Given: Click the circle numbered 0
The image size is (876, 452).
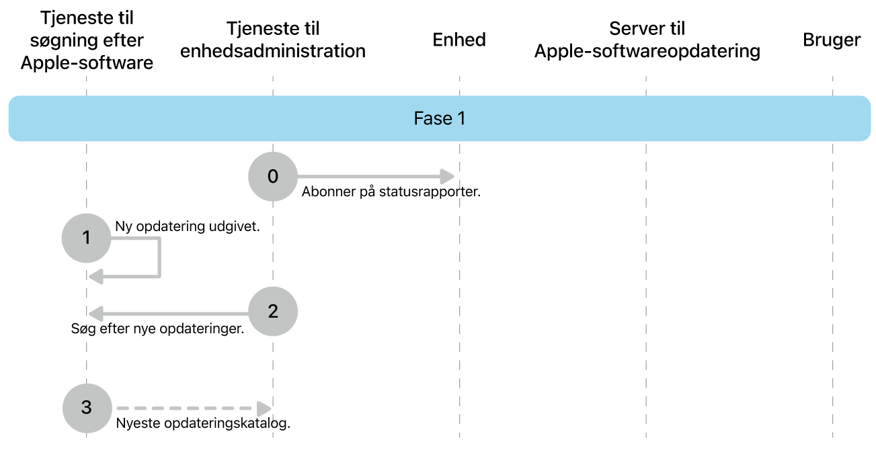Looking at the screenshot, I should click(x=272, y=177).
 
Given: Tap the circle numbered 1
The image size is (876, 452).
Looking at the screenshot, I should click(x=86, y=238).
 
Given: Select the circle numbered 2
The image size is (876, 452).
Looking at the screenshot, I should click(x=272, y=312).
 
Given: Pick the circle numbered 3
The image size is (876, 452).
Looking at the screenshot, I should click(x=86, y=408).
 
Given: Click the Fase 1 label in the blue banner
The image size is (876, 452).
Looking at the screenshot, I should click(x=439, y=119).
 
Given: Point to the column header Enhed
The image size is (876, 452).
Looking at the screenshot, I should click(x=459, y=40).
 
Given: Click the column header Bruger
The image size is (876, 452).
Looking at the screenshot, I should click(x=832, y=40).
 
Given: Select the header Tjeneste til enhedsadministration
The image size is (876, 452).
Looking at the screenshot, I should click(x=272, y=40).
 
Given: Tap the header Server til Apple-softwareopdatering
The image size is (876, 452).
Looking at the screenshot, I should click(x=647, y=40).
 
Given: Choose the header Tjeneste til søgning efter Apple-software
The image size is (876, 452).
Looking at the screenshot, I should click(x=87, y=40).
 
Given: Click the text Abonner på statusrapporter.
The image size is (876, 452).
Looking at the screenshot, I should click(x=391, y=192).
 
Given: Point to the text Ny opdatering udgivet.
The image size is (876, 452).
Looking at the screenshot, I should click(x=188, y=226).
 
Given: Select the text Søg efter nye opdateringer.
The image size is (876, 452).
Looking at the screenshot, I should click(x=157, y=330).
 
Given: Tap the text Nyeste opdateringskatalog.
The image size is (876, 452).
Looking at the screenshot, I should click(x=203, y=424).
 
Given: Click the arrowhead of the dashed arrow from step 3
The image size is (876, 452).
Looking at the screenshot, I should click(x=264, y=408).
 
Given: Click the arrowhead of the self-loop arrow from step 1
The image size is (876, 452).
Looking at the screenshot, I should click(x=96, y=275).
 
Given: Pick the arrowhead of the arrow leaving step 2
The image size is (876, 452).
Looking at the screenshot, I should click(x=96, y=313).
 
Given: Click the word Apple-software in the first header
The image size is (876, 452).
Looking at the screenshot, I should click(x=87, y=63).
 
